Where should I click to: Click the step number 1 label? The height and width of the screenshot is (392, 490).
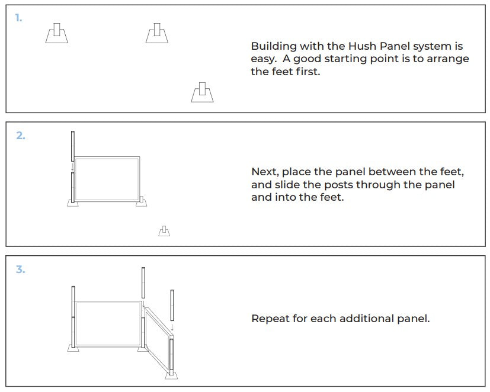pyautogui.click(x=19, y=18)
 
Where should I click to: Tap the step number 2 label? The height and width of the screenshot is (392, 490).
pyautogui.click(x=21, y=136)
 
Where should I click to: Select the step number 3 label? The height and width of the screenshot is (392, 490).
pyautogui.click(x=21, y=269)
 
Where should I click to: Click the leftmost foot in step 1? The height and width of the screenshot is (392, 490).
pyautogui.click(x=56, y=33)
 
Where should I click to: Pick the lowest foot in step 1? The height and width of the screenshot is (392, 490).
pyautogui.click(x=202, y=92)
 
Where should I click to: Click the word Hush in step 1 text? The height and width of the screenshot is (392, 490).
pyautogui.click(x=362, y=46)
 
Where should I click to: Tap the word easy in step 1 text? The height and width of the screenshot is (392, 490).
pyautogui.click(x=263, y=59)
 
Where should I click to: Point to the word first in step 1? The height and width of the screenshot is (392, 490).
pyautogui.click(x=308, y=72)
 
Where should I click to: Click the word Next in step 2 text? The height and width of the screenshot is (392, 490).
pyautogui.click(x=265, y=172)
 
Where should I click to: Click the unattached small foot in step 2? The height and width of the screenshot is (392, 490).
pyautogui.click(x=164, y=231)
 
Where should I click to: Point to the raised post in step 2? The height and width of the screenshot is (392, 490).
pyautogui.click(x=73, y=146)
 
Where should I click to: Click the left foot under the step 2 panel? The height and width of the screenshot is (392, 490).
pyautogui.click(x=73, y=203)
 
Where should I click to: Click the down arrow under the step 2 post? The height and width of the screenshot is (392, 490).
pyautogui.click(x=72, y=167)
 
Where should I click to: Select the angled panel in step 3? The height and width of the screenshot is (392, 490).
pyautogui.click(x=158, y=340)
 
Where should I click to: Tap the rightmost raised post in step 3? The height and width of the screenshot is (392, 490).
pyautogui.click(x=172, y=305)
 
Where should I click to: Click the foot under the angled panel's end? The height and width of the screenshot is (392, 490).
pyautogui.click(x=171, y=375)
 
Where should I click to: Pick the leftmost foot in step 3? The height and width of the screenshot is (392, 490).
pyautogui.click(x=73, y=348)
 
